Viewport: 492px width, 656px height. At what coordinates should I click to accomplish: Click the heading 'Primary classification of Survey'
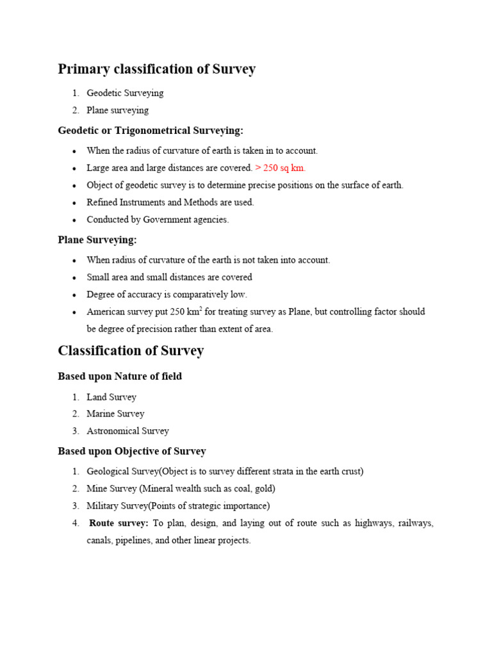(x=156, y=69)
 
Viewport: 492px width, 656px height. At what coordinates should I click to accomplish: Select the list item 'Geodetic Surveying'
(x=125, y=93)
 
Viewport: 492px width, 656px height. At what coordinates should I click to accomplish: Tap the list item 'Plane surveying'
(x=117, y=110)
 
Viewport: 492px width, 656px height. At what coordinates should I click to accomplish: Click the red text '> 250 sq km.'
(x=281, y=168)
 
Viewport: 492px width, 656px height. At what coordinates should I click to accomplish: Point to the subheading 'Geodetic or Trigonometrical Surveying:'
(x=151, y=131)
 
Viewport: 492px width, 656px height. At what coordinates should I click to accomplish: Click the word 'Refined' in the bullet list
(x=102, y=202)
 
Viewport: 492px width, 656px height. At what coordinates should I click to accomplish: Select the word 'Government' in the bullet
(x=168, y=220)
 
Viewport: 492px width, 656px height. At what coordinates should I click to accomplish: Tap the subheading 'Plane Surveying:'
(x=97, y=240)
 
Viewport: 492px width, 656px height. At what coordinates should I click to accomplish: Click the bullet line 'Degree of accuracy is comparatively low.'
(x=167, y=295)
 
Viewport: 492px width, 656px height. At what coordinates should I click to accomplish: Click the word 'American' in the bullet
(x=106, y=312)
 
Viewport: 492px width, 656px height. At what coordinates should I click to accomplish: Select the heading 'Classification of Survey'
(x=131, y=350)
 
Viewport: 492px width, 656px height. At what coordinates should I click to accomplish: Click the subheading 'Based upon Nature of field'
(x=120, y=377)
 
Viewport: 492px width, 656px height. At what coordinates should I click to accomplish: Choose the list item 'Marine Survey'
(x=115, y=414)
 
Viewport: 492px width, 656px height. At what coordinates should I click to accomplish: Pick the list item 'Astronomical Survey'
(x=127, y=431)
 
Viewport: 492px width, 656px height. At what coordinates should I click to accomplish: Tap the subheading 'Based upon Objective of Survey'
(x=132, y=451)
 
